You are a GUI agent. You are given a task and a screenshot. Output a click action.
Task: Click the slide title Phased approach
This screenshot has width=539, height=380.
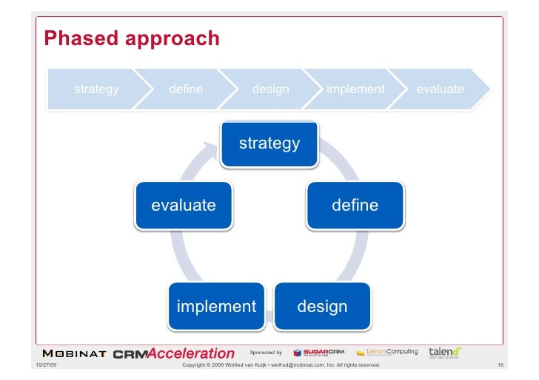[132, 38]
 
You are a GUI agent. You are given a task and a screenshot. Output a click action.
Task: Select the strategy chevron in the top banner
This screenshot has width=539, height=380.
[96, 89]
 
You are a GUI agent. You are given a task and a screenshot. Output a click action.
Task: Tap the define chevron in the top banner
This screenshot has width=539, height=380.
[186, 89]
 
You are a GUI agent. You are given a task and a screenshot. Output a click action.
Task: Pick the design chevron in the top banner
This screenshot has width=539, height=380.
[270, 89]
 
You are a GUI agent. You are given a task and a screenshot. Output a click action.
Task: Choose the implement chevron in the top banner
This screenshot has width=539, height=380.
[355, 89]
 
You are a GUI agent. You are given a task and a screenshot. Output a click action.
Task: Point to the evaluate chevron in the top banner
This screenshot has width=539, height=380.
[440, 89]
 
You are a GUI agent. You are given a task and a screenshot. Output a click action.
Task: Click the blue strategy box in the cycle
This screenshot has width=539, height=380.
[269, 143]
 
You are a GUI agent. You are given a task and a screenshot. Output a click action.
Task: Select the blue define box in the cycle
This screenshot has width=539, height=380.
[355, 205]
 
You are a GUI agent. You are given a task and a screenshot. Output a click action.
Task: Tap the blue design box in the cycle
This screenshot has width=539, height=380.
[322, 306]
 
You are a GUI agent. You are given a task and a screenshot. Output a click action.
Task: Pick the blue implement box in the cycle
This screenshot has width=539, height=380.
[216, 306]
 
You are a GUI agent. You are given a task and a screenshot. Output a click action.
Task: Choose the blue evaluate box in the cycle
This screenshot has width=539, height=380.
[184, 205]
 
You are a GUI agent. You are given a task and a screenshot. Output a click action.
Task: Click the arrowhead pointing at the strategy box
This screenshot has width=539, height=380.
[212, 152]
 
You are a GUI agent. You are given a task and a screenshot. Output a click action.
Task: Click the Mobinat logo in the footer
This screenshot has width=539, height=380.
[75, 353]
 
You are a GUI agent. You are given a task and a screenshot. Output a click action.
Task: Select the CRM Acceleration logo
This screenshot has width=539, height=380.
[174, 353]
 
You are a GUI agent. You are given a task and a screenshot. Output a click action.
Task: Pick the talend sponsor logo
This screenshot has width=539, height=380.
[444, 352]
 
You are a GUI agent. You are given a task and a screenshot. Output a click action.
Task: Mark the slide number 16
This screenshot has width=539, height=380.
[500, 365]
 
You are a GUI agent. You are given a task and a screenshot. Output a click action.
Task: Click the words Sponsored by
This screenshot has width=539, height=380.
[266, 352]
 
